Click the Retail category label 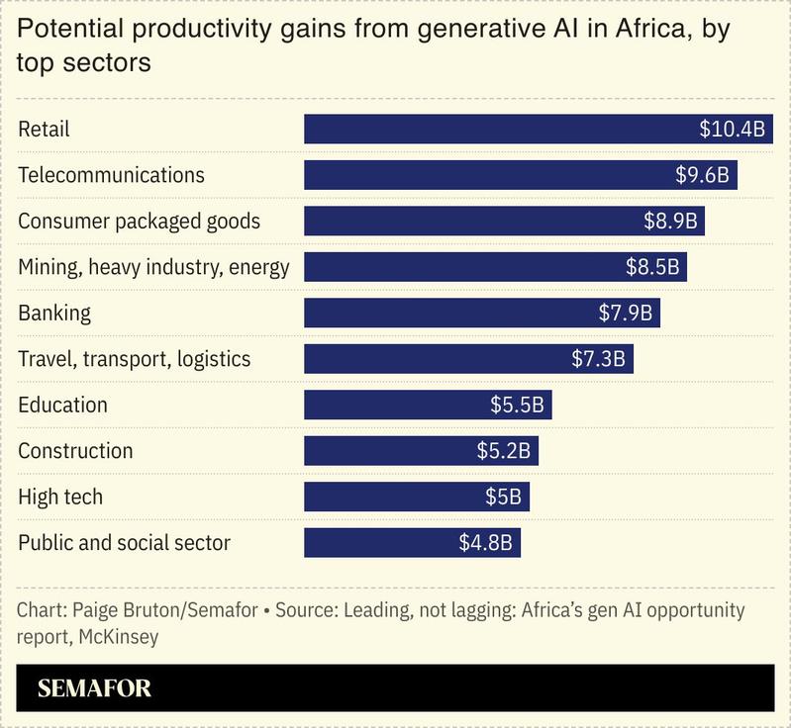point(45,130)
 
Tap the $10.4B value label point(732,130)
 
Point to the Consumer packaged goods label point(140,221)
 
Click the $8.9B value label point(670,221)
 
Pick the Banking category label point(54,313)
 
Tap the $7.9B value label point(625,313)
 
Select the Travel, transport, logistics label point(135,358)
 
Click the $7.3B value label point(598,358)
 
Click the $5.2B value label point(504,451)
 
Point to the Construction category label point(75,451)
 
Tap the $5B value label point(503,497)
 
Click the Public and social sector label point(124,542)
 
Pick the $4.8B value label point(485,542)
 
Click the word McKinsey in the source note point(115,637)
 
